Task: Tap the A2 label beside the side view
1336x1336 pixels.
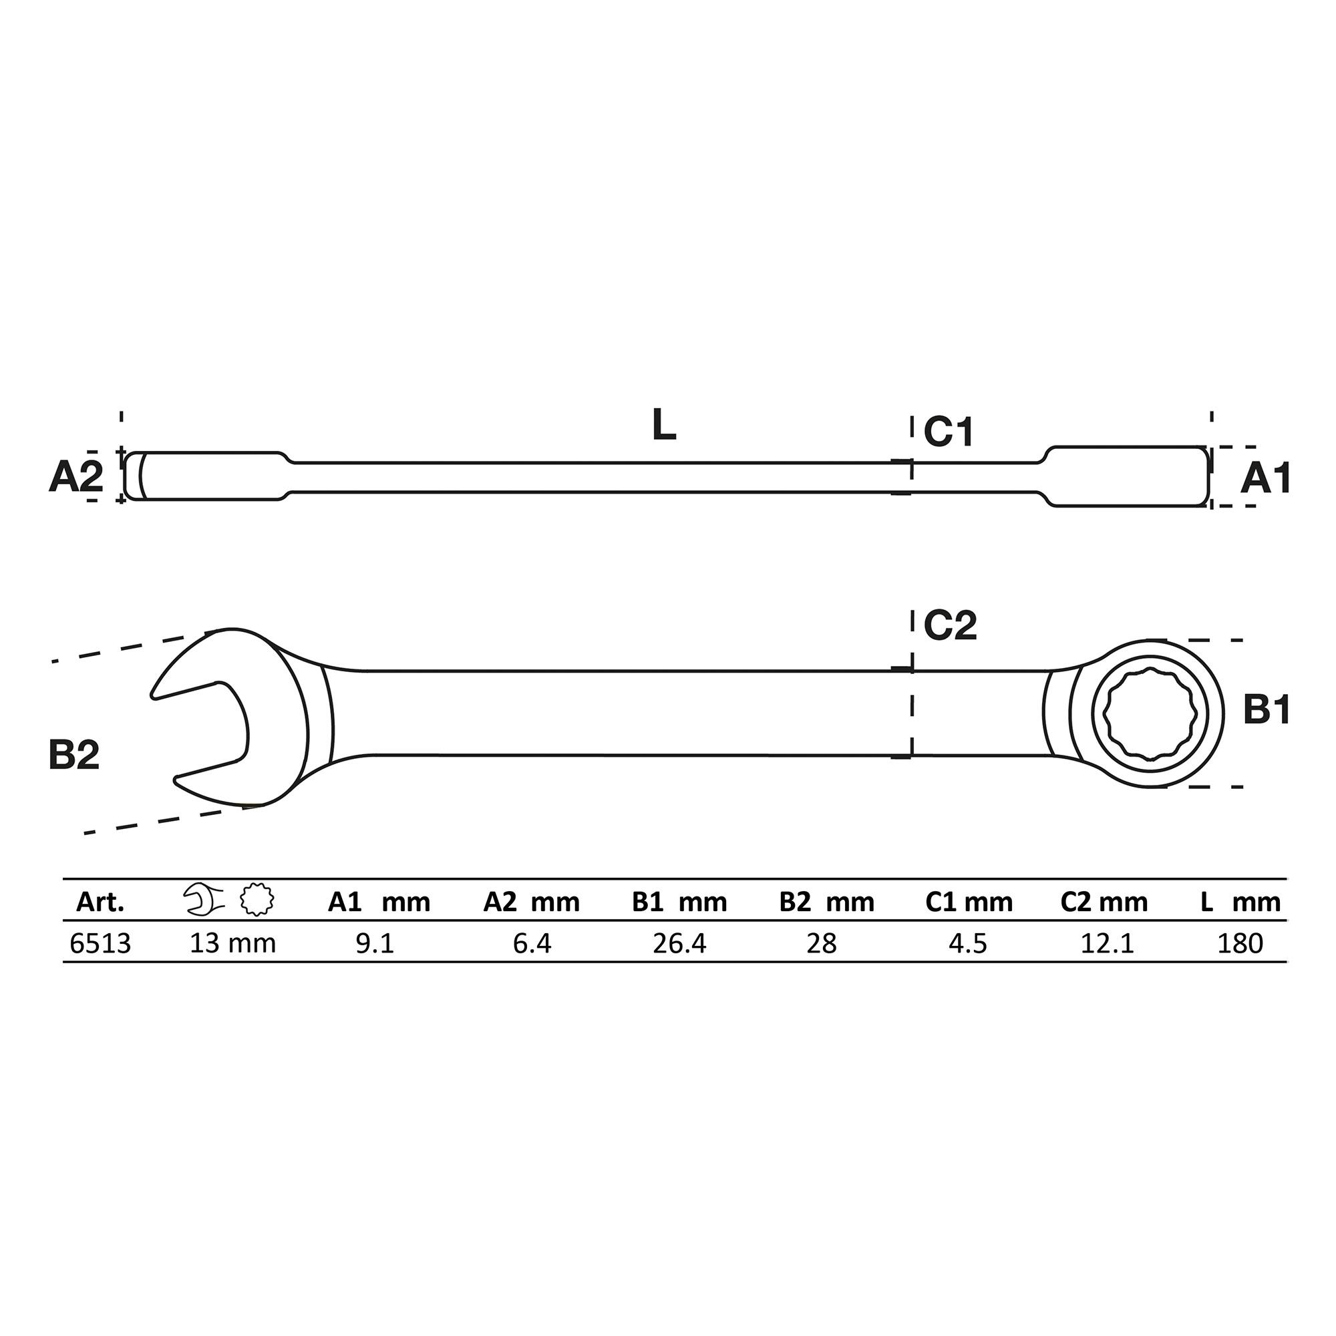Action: (76, 476)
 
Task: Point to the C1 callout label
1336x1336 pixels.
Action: (949, 432)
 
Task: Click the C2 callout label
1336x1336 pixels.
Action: (950, 625)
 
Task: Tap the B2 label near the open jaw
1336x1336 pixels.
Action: (74, 754)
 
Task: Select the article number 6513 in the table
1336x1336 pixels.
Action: (100, 943)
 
